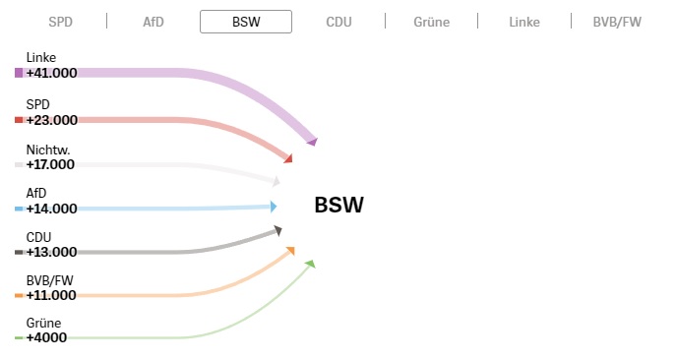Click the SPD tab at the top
(x=60, y=22)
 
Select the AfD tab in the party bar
(x=154, y=22)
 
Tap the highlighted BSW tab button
(x=246, y=22)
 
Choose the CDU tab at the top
(x=338, y=22)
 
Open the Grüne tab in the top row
(x=432, y=22)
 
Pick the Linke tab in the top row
(x=524, y=22)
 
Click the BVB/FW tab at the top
(x=617, y=22)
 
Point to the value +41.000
(x=52, y=73)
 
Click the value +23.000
(x=52, y=120)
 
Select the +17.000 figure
(x=50, y=164)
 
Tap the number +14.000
(x=52, y=209)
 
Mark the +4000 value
(x=46, y=337)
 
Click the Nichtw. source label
(x=48, y=150)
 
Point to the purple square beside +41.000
(x=19, y=73)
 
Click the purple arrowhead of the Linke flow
(x=313, y=142)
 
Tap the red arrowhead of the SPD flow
(x=288, y=158)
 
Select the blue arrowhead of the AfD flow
(x=274, y=207)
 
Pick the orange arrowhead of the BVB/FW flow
(x=290, y=251)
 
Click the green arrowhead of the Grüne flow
(x=310, y=264)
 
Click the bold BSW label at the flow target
(x=338, y=205)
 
